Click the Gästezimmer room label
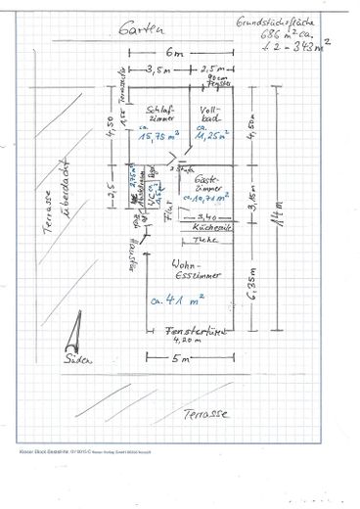point(208,186)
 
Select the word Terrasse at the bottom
point(205,414)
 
